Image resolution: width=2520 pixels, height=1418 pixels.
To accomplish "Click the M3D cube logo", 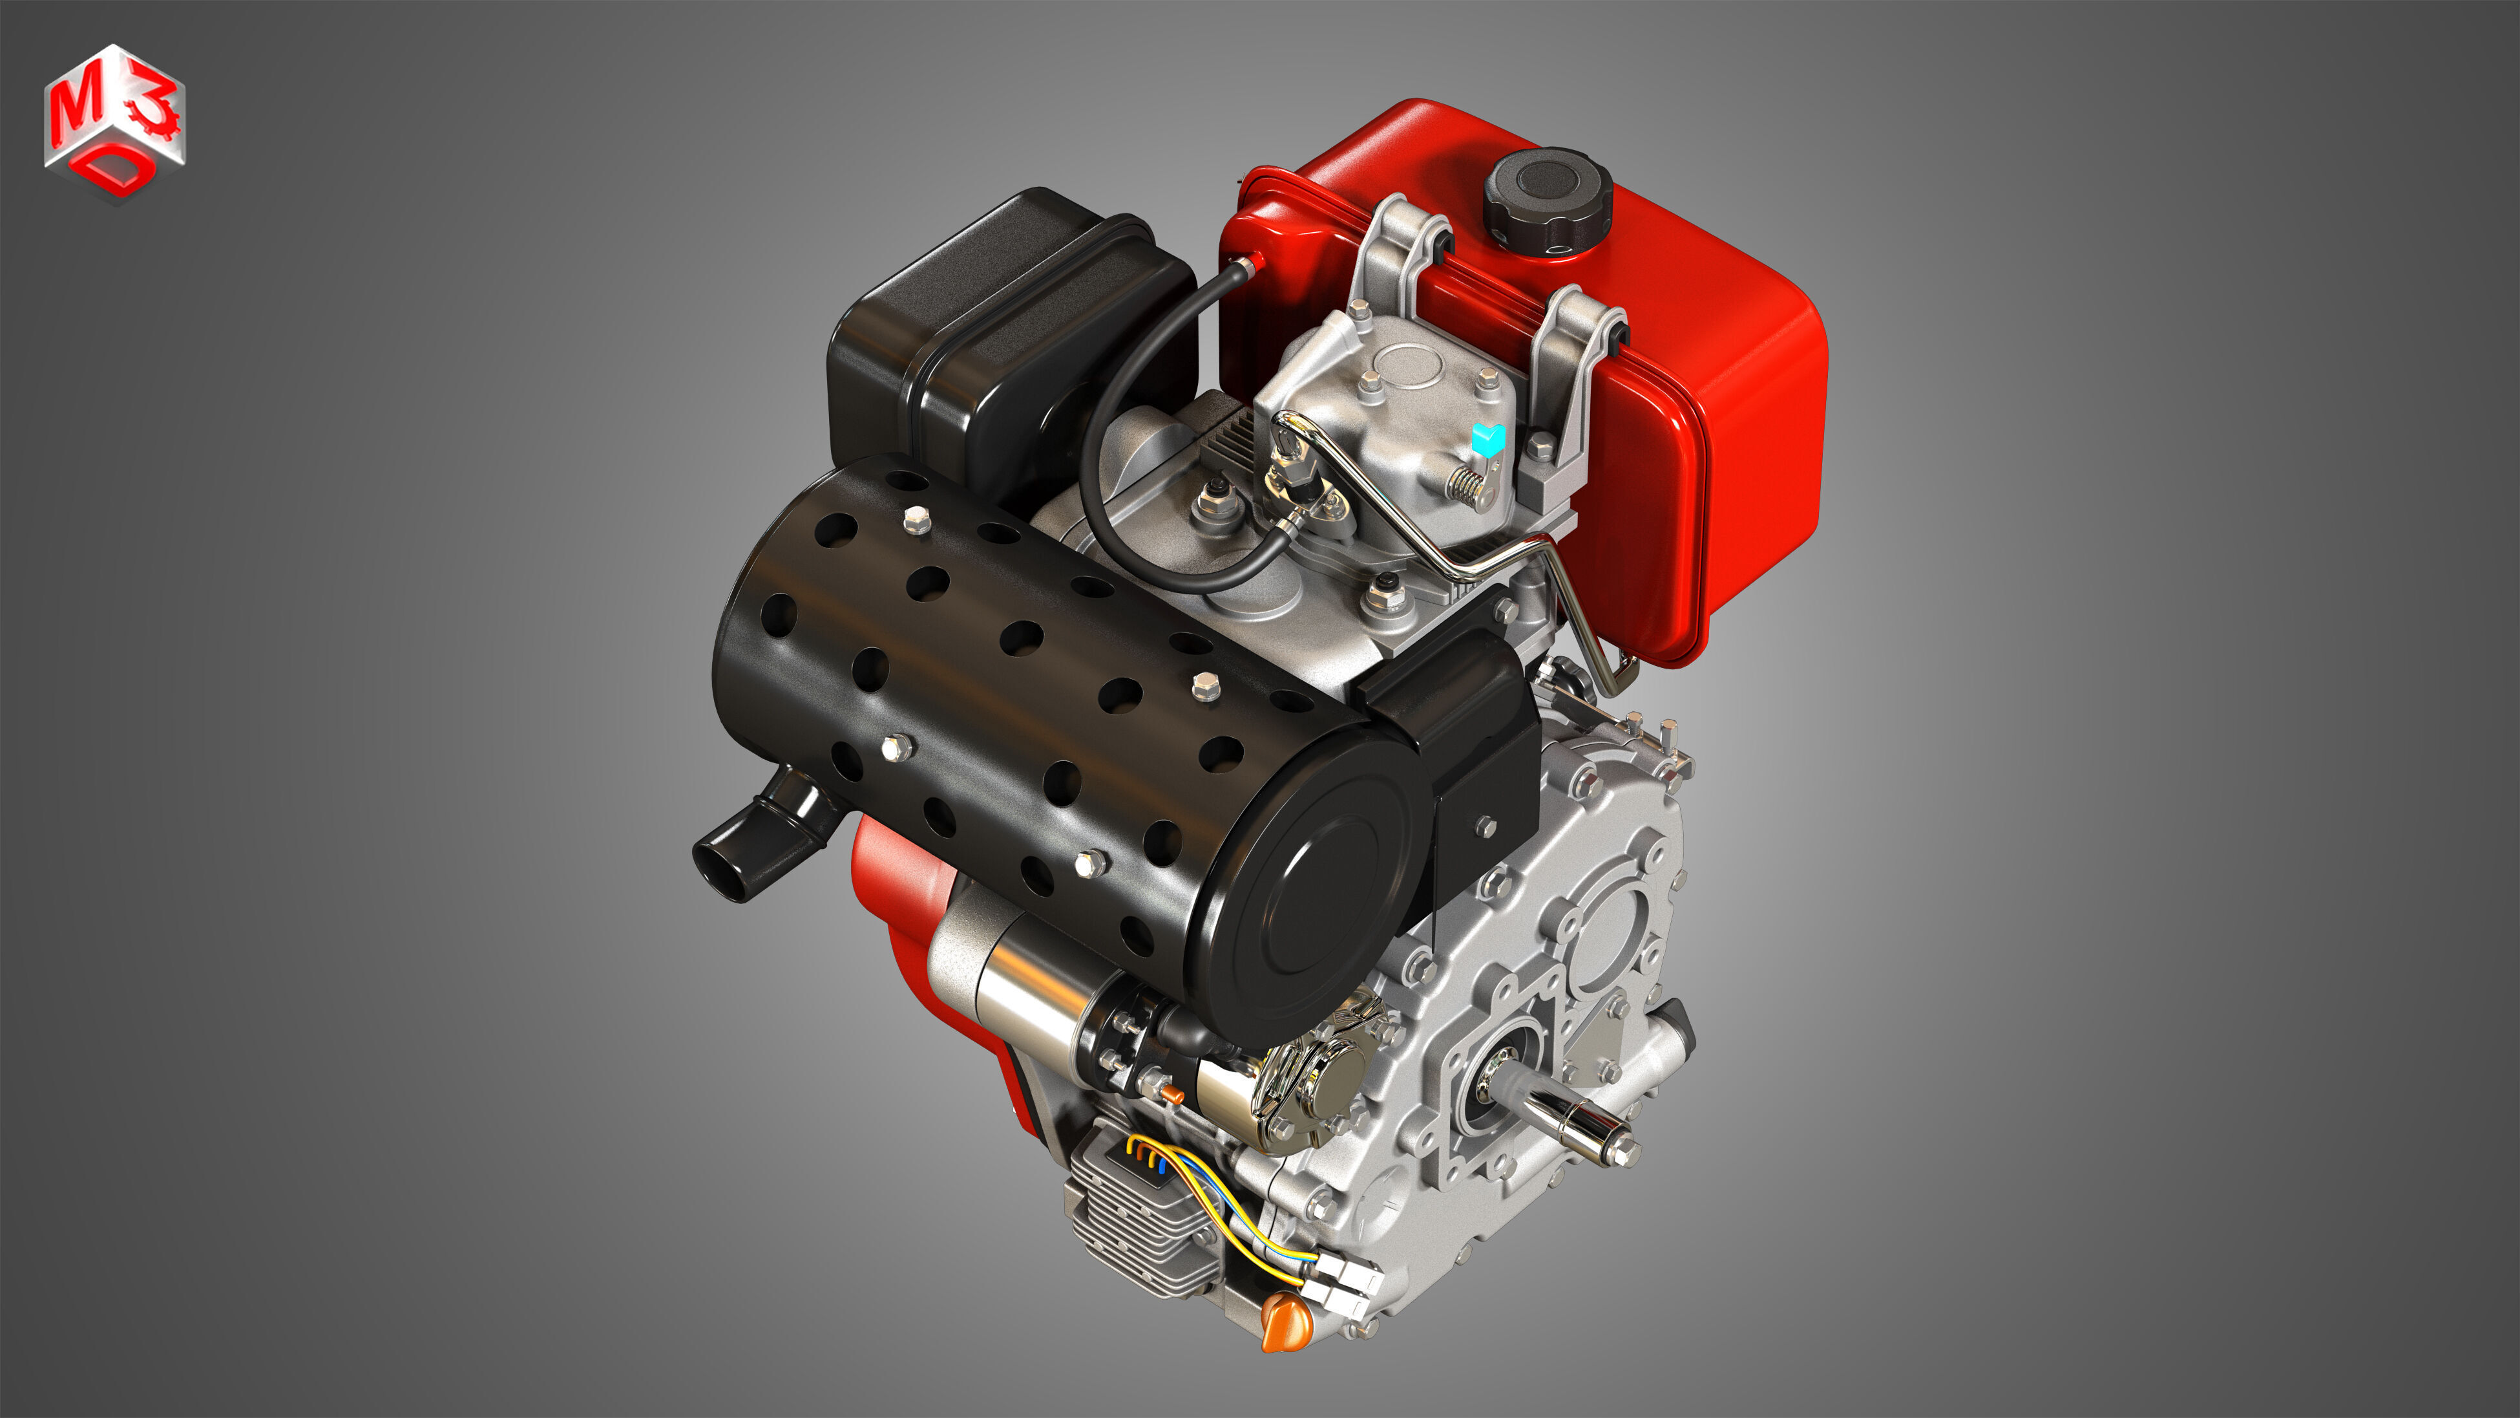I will point(114,122).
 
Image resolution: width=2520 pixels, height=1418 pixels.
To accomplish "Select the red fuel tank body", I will point(1722,411).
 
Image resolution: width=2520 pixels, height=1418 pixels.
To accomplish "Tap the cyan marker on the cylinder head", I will point(1488,438).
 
